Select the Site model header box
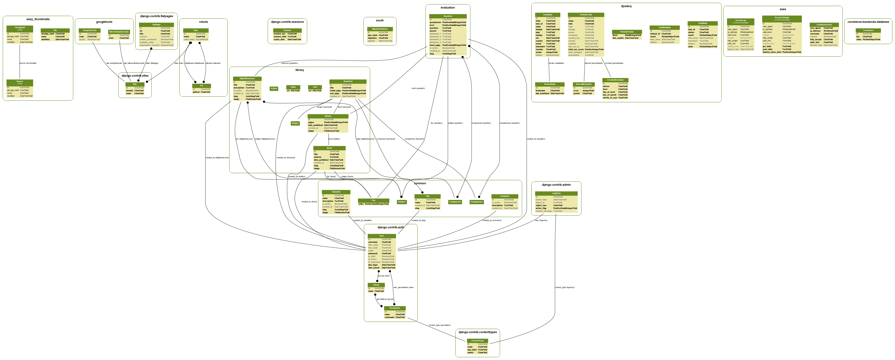135,84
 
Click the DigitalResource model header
247,79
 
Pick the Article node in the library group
274,89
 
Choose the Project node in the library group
295,123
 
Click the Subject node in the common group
402,202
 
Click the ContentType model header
477,341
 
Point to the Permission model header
395,308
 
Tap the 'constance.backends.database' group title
868,22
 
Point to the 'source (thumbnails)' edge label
28,63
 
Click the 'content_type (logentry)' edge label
565,287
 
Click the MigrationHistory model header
380,29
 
